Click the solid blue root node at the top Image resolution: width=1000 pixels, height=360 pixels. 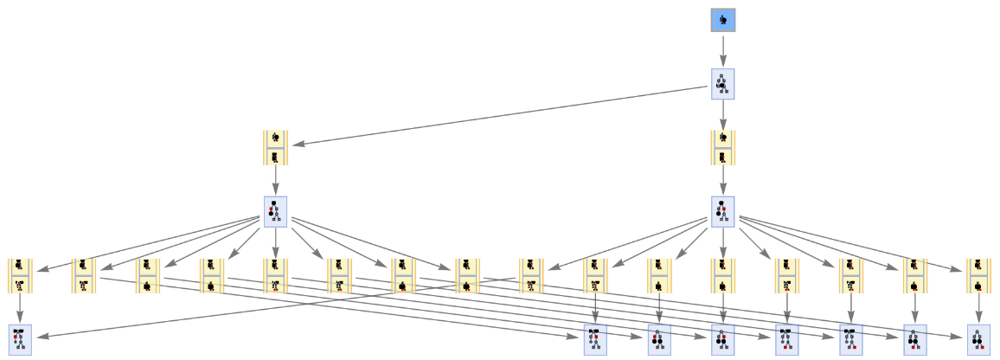723,20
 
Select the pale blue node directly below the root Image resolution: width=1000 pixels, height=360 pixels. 723,84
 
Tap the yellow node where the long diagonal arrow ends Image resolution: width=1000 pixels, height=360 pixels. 275,147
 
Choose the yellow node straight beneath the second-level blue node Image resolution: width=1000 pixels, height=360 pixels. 723,147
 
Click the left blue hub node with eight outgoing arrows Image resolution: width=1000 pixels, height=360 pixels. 275,212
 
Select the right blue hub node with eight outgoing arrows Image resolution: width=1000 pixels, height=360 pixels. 723,212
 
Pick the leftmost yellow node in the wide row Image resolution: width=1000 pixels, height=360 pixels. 20,275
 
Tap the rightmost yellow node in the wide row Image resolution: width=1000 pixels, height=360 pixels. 978,275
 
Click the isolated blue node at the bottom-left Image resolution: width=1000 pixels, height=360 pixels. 20,339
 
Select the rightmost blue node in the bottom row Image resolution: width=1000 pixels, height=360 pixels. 978,339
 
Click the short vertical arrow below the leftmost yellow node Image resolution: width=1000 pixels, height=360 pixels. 20,309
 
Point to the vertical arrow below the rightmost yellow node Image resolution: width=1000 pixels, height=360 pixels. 978,309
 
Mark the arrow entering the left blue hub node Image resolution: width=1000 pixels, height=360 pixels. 275,180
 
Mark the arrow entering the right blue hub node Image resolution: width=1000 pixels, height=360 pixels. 723,180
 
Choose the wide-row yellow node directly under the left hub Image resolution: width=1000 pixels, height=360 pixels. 275,275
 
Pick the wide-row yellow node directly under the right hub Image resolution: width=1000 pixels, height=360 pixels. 723,275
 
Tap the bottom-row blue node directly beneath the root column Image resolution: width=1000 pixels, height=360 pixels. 723,339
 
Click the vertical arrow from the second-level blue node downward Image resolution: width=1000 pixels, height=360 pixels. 723,114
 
